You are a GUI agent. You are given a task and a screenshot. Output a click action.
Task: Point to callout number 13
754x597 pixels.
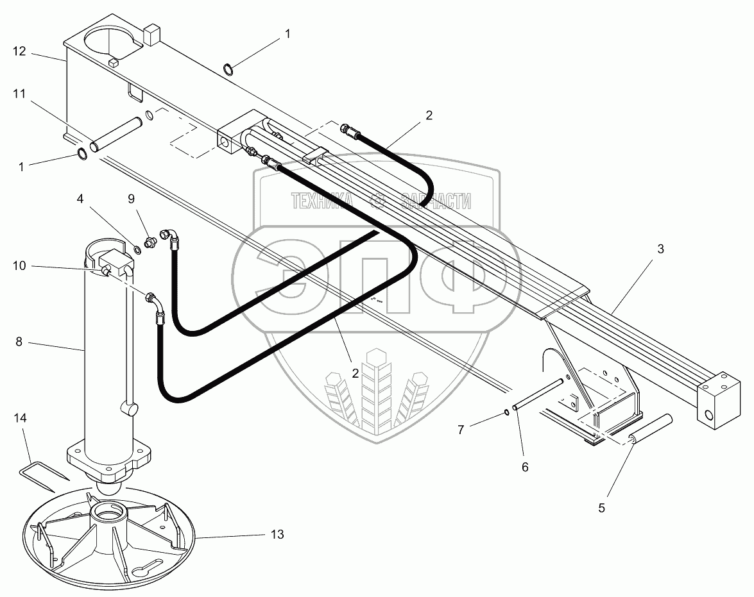click(278, 534)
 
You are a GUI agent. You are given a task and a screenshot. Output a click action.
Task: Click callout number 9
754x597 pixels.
click(131, 199)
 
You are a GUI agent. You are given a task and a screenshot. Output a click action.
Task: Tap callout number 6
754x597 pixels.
click(524, 467)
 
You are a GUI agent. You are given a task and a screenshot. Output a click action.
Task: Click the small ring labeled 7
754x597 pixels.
click(507, 412)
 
